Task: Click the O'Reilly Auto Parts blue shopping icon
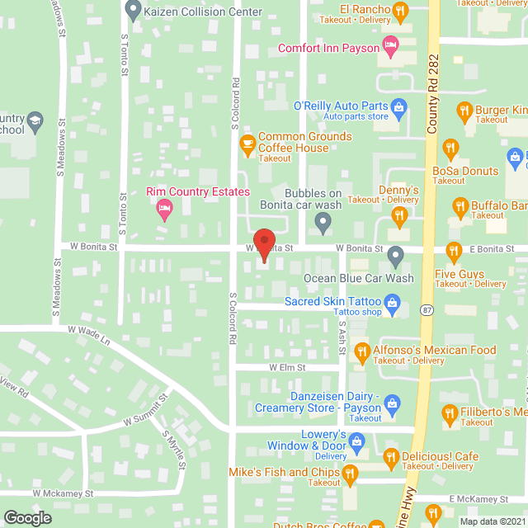(398, 106)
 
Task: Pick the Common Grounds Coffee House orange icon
(247, 145)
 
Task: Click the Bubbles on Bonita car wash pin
(323, 221)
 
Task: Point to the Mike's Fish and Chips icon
(351, 474)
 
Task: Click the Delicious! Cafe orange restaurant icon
(389, 456)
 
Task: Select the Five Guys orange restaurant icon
(453, 250)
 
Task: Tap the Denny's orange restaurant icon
(399, 216)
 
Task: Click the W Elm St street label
(287, 367)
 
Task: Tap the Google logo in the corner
(26, 518)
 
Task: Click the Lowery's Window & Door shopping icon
(357, 441)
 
